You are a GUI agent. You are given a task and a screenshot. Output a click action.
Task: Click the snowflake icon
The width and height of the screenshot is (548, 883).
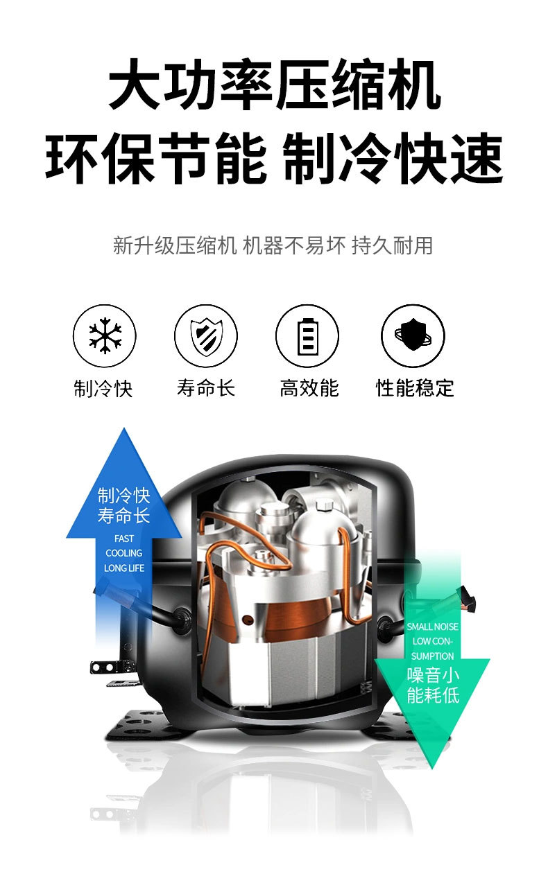(105, 337)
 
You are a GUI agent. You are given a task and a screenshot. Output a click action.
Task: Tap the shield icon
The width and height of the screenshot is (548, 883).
(206, 337)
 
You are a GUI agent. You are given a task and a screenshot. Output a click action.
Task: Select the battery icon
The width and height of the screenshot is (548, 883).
(307, 337)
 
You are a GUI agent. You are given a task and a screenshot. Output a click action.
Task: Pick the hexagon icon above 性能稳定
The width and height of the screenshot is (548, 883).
(413, 336)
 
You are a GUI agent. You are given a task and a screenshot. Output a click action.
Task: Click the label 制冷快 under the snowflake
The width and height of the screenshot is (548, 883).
(103, 388)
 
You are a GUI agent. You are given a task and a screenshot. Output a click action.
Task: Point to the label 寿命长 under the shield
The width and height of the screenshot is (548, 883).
(206, 388)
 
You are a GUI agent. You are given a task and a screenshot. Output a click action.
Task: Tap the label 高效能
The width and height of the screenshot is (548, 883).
(309, 388)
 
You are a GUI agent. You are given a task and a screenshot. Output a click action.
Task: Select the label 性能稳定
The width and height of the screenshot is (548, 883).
(415, 388)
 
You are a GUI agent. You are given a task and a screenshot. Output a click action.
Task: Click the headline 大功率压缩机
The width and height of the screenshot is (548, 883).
(274, 87)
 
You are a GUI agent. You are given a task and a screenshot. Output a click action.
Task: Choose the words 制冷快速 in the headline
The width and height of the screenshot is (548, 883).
(393, 158)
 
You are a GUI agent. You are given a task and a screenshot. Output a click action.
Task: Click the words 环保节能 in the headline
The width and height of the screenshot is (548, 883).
(155, 158)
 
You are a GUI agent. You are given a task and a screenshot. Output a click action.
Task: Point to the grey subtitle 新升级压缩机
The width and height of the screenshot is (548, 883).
(175, 245)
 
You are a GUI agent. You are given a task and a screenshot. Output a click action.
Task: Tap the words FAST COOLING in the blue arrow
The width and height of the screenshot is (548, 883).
(124, 545)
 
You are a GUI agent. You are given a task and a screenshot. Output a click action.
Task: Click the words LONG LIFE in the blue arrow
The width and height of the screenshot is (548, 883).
(124, 568)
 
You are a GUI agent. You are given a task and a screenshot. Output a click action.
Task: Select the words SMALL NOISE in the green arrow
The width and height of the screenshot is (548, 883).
(432, 627)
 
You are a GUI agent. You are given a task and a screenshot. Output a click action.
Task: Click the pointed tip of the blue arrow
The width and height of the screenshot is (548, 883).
(124, 430)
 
